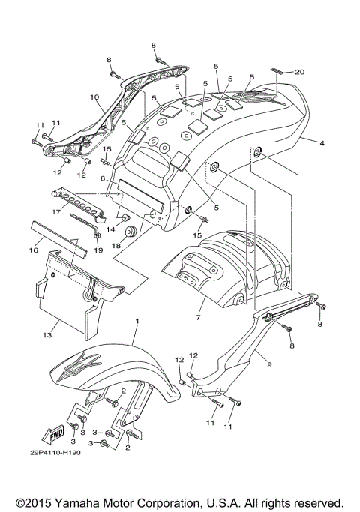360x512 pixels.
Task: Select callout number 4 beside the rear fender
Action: point(321,142)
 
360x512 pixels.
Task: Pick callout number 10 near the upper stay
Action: point(94,97)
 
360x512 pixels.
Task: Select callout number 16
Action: point(33,252)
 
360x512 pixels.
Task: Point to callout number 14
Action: point(109,229)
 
